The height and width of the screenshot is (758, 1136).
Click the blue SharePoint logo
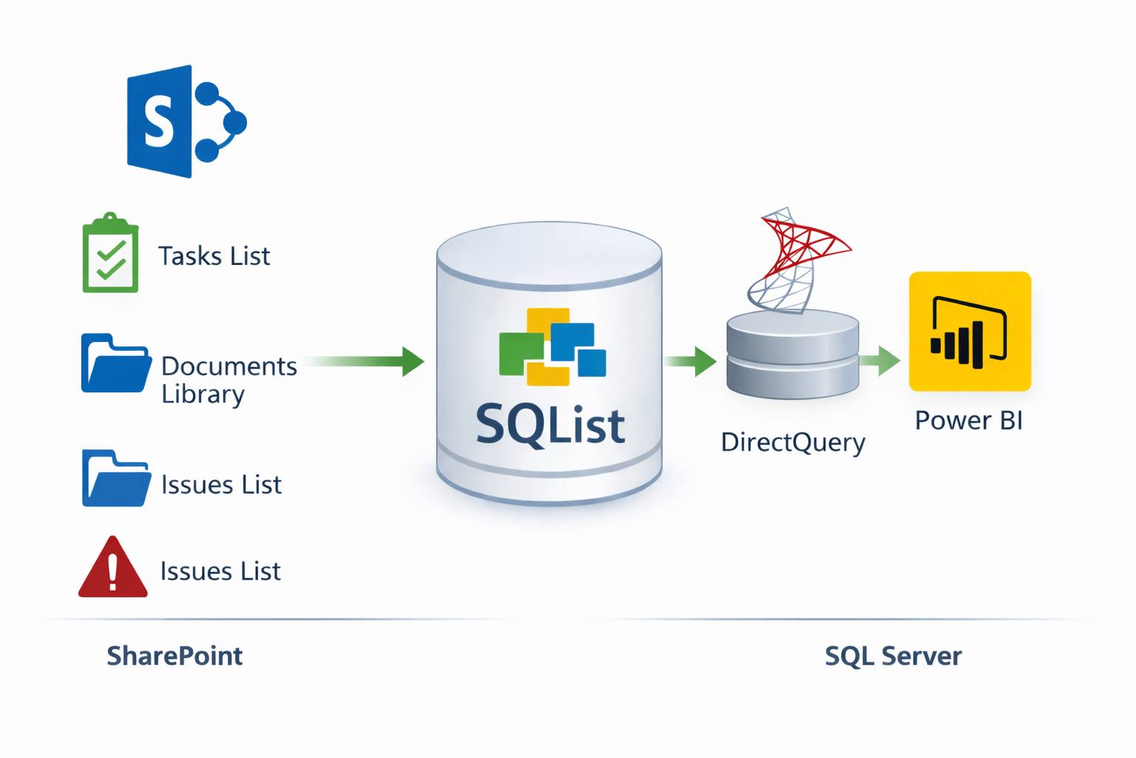(x=185, y=121)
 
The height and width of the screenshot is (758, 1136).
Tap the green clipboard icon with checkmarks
(x=110, y=254)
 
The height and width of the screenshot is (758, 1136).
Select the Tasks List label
(x=214, y=256)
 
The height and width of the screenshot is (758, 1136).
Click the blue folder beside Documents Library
(x=115, y=363)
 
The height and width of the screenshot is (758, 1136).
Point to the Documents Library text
(x=228, y=380)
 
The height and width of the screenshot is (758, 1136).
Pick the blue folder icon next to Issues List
(x=115, y=479)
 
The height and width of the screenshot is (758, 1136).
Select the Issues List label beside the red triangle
(x=220, y=571)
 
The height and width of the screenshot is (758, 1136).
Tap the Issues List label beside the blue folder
(x=221, y=485)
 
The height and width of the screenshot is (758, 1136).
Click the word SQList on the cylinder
(x=550, y=425)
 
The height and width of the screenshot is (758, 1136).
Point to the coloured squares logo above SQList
(x=552, y=346)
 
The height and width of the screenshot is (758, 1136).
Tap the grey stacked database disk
(x=792, y=354)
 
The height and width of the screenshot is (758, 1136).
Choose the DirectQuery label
(x=793, y=443)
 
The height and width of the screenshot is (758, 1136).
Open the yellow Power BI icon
(x=970, y=332)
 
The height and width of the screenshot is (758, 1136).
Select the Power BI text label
(x=968, y=420)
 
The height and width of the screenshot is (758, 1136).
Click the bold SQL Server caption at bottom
(x=893, y=656)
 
